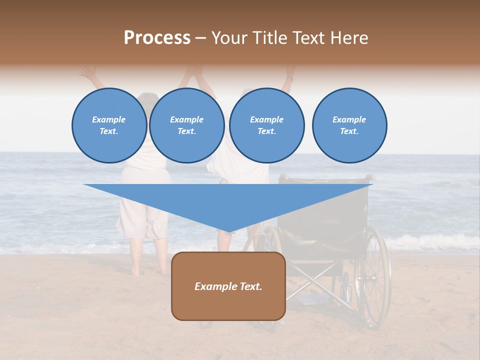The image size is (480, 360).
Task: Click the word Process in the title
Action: tap(157, 38)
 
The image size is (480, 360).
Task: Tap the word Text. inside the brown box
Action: tap(250, 286)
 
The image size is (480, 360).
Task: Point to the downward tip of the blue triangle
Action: tap(228, 232)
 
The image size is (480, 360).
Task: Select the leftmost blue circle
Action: tap(109, 125)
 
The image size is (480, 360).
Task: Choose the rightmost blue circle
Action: tap(349, 125)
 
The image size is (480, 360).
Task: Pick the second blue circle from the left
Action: tap(186, 125)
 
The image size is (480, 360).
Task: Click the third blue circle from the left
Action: tap(266, 125)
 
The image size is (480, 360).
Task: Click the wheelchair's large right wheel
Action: tap(372, 277)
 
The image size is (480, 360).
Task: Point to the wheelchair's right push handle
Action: tap(370, 177)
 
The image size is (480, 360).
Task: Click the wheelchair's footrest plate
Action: tap(310, 299)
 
